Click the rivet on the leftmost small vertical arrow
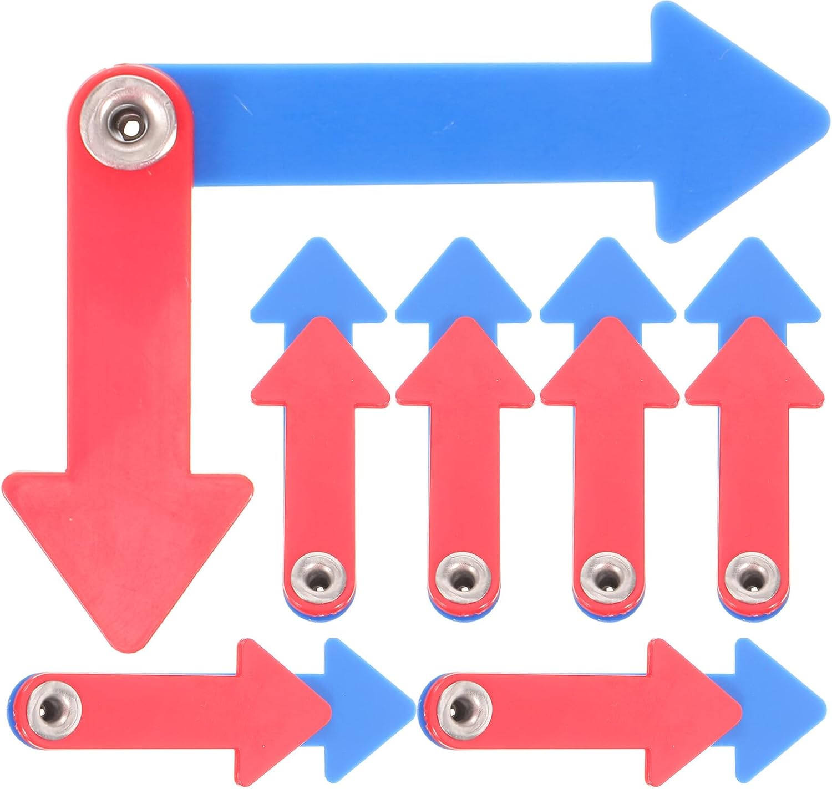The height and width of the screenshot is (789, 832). pos(318,579)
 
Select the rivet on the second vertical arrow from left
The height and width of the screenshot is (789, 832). pos(463,579)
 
